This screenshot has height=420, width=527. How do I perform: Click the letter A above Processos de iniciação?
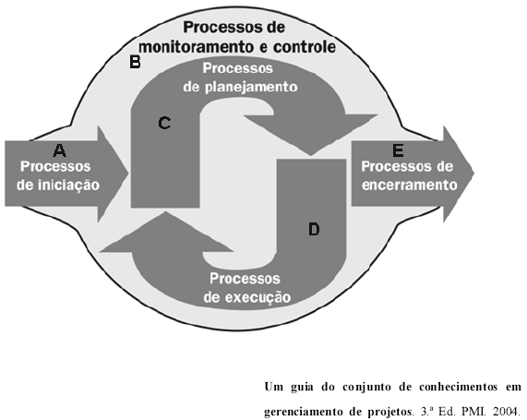coord(59,150)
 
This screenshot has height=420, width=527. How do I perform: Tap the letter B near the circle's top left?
coord(135,62)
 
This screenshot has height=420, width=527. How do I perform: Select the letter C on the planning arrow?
coord(164,123)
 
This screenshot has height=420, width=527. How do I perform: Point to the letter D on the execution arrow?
coord(314,229)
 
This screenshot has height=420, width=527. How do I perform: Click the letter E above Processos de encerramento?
coord(399,150)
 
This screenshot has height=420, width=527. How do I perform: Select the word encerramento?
coord(410,185)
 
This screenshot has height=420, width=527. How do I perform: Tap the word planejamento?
coord(251,87)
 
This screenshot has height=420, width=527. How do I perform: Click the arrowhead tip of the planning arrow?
coord(310,155)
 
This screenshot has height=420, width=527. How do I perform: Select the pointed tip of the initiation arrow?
coord(128,174)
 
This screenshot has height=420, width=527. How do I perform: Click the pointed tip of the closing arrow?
coord(473,174)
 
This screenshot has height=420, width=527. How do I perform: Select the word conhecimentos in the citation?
coord(458,387)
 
